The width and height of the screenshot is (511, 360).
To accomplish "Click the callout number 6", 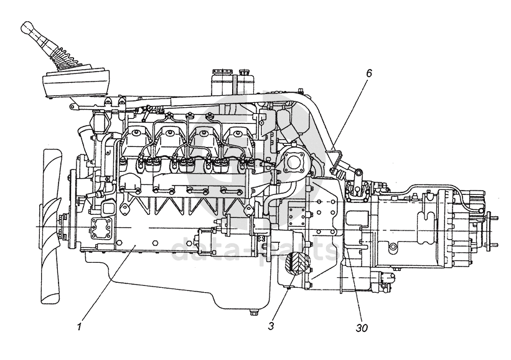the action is point(368,73).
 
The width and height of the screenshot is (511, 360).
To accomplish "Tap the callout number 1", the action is point(79,326).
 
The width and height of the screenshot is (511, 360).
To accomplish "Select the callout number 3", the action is point(271,326).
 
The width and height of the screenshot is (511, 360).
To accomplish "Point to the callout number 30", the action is point(362,328).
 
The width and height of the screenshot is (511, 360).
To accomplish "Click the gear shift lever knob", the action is point(27,28).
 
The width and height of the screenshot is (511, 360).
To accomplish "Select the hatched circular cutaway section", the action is point(297,263).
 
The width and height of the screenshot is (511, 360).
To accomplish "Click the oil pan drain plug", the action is point(253,313).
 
